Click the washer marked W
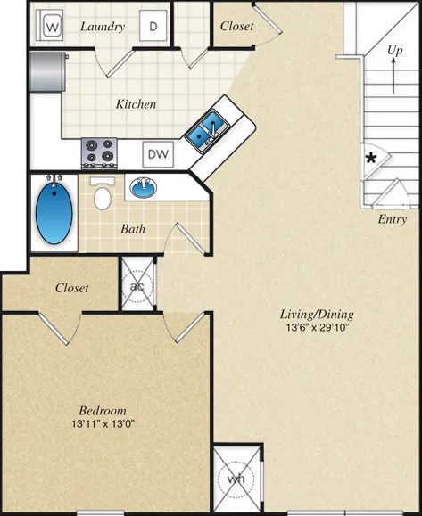pos(51,27)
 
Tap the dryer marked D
pos(153,27)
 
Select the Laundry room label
pos(103,27)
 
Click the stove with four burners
pos(99,152)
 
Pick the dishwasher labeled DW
pos(158,153)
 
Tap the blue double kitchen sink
pos(205,129)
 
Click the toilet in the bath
pos(103,193)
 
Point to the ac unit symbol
pos(137,286)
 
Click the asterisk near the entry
pos(370,160)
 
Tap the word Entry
pos(392,219)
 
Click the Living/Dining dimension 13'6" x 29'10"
pos(317,328)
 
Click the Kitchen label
pos(137,104)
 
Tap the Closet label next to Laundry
pos(236,27)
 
